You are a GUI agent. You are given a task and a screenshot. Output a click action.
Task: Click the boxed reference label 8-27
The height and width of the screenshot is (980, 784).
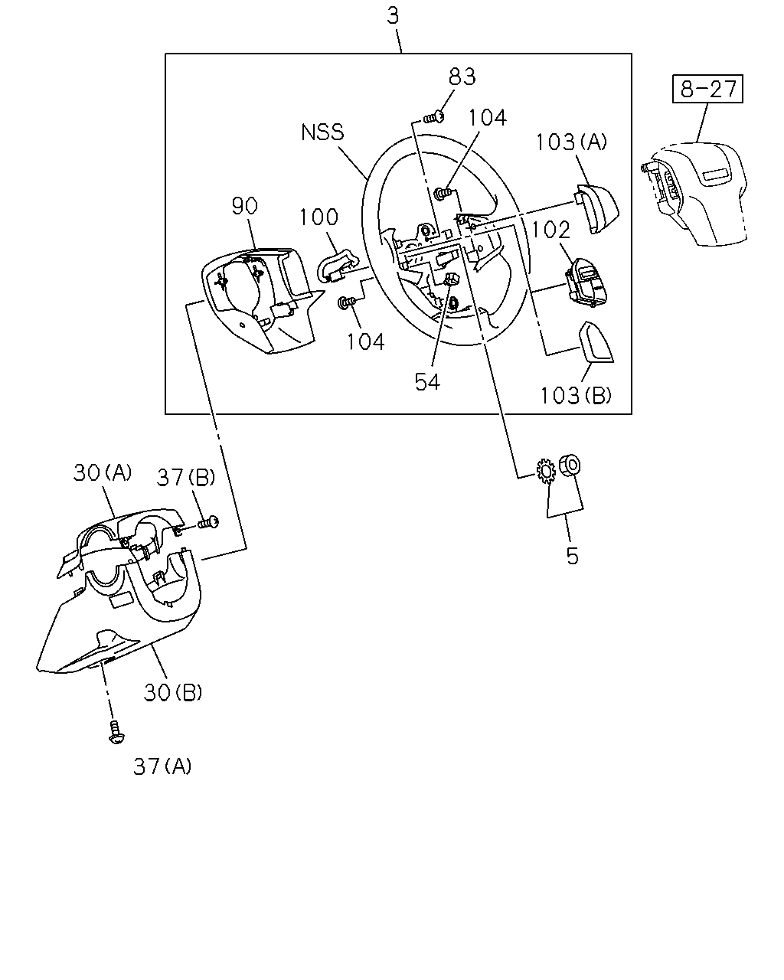707,89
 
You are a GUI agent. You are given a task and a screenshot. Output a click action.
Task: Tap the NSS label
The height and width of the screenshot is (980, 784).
322,132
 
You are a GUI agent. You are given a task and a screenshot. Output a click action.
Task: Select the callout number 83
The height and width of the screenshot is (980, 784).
462,77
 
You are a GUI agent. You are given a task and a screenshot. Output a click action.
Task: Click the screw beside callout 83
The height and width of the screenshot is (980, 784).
434,117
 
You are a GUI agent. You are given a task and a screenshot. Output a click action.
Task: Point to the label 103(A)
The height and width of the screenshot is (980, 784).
571,142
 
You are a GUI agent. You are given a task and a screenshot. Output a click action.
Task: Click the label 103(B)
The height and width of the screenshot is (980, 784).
575,395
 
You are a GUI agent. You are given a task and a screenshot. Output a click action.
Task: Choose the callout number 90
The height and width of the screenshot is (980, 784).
245,206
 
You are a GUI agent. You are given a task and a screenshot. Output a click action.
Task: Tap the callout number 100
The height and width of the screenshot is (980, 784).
319,217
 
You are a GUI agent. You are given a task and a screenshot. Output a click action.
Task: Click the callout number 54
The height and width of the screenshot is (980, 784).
427,381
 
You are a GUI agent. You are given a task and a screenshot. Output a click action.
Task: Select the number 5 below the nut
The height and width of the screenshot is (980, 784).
572,556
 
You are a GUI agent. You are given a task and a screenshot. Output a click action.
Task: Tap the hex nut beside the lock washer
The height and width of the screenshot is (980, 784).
569,465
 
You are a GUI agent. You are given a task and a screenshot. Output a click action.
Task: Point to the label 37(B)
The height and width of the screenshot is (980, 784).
186,478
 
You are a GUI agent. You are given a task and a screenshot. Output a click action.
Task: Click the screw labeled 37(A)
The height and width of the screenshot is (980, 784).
116,732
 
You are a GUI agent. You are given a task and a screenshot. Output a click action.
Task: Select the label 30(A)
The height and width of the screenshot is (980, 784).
103,472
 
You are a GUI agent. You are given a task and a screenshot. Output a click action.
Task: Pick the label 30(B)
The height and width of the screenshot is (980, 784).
173,693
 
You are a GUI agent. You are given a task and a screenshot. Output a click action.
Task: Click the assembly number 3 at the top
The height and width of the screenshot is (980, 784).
393,16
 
